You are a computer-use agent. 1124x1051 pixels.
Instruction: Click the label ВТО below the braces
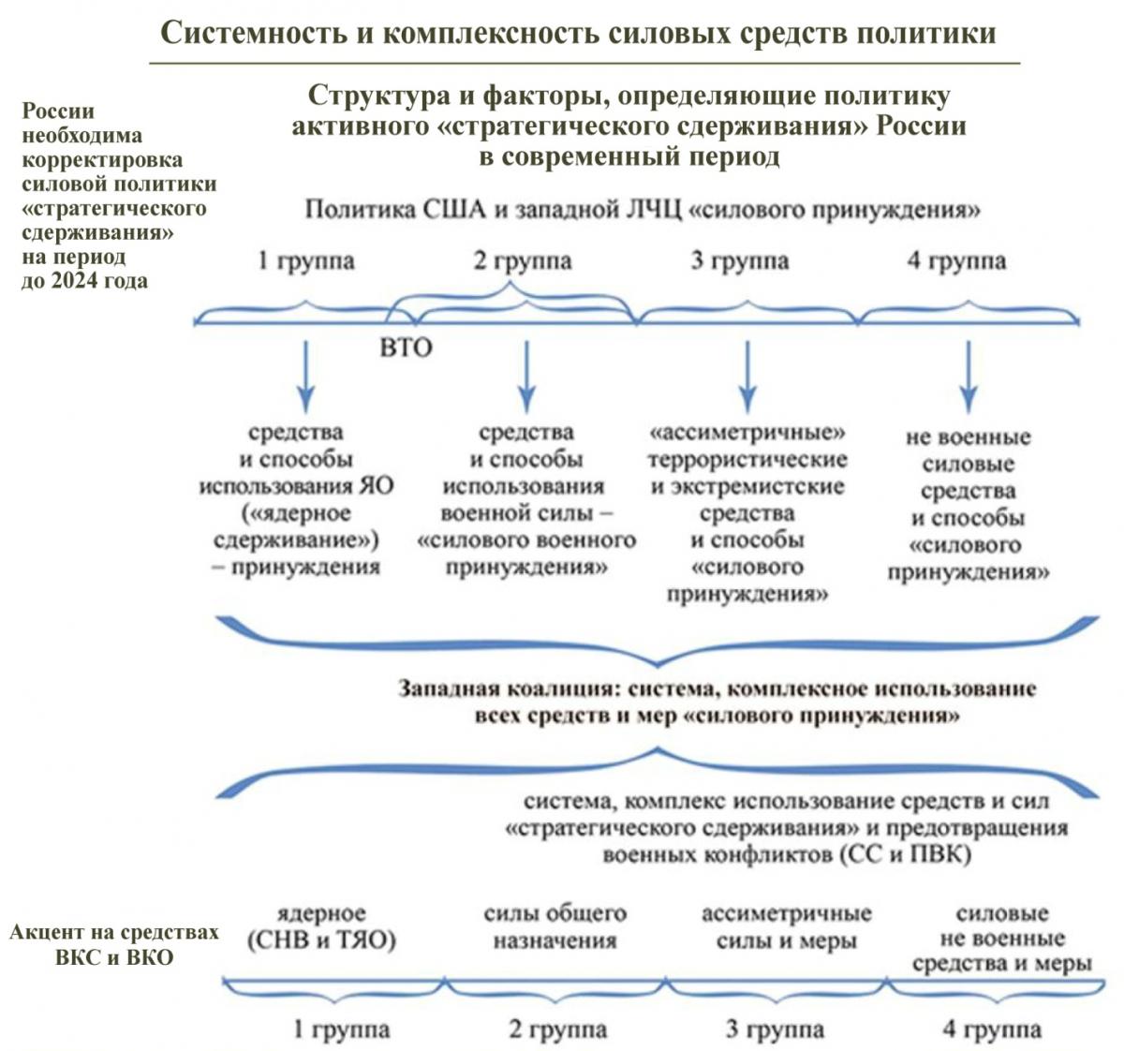[x=406, y=348]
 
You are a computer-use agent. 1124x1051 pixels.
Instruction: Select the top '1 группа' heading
[x=306, y=261]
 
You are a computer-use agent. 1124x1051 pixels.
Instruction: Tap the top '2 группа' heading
[x=523, y=261]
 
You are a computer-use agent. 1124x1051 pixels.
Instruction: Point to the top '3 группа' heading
[x=740, y=261]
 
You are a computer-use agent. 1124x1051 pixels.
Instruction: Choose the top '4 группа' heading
[x=957, y=261]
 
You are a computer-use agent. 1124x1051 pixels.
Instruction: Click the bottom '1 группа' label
[x=342, y=1029]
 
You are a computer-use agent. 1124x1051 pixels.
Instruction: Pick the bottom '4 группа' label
[x=992, y=1029]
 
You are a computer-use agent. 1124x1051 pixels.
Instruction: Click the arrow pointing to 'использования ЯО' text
[x=306, y=377]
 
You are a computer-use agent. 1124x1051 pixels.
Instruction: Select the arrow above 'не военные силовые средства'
[x=969, y=377]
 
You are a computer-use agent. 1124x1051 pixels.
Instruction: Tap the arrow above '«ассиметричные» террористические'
[x=747, y=377]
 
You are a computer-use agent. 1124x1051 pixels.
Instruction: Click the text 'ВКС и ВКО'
[x=114, y=957]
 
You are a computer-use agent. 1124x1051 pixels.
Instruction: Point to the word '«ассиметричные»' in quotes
[x=747, y=433]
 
